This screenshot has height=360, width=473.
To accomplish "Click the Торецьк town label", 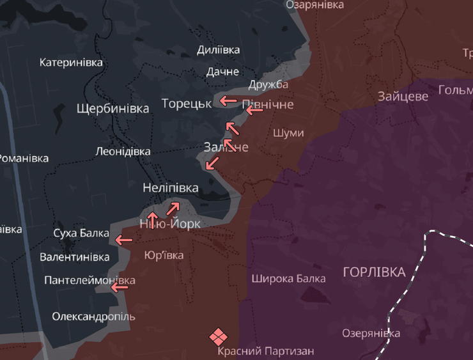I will [187, 103].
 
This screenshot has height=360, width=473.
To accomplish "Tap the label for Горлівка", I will [374, 272].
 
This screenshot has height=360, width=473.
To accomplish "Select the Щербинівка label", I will [112, 108].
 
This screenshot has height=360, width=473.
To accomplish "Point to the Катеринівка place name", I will [71, 63].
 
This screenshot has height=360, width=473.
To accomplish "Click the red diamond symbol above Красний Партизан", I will [217, 336].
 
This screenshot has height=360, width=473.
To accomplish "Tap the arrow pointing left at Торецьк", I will [228, 100].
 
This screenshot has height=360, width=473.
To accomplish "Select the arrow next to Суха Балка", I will [123, 240].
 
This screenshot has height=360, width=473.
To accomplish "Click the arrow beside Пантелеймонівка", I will [120, 287].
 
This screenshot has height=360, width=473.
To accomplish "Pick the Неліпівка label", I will [171, 188].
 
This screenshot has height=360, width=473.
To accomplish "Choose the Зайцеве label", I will [403, 97].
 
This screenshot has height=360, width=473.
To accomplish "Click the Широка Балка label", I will [288, 278].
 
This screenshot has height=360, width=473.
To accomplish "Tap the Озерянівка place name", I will [371, 333].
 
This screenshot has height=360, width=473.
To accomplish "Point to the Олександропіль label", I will [93, 317].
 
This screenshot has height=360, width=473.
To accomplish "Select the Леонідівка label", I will [123, 152].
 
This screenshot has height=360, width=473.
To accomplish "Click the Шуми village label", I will [288, 133].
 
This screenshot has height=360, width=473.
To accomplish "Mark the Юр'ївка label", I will [164, 255].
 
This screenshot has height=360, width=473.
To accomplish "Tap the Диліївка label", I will [219, 50].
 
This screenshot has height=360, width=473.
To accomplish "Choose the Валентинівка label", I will [74, 257].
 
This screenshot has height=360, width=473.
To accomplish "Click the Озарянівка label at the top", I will [314, 5].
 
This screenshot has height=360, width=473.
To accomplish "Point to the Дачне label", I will [222, 72].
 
